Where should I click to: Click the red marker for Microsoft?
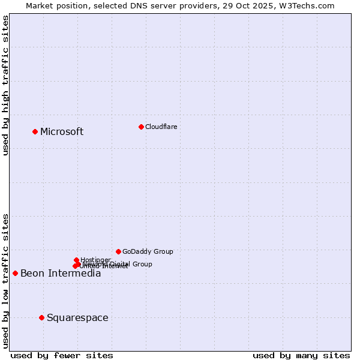coord(35,131)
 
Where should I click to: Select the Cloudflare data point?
coord(141,127)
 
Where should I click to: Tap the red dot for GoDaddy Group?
coord(118,251)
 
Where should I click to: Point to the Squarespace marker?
coord(41,317)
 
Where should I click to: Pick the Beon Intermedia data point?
coord(15,273)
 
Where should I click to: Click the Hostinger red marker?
coord(76,260)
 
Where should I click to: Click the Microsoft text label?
coord(62,132)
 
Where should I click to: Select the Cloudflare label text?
coord(161,127)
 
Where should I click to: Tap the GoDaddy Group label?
coord(148,252)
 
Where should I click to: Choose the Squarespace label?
coord(77,318)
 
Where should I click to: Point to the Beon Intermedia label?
coord(61,274)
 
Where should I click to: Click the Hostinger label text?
coord(95,260)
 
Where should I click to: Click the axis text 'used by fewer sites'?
coord(62,355)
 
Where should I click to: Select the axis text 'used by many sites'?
coord(301,355)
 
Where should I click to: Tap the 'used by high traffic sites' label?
coord(6,86)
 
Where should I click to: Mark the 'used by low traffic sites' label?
coord(6,280)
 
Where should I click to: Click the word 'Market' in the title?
coord(40,5)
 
